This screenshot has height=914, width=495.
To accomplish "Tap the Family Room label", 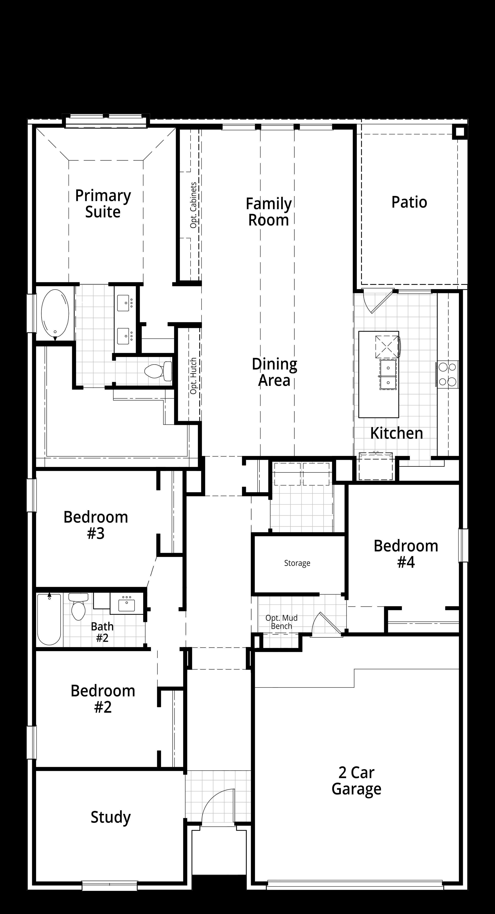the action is tap(269, 212).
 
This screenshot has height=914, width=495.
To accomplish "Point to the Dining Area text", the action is tap(274, 372).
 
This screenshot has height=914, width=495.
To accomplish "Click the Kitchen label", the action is tap(396, 433).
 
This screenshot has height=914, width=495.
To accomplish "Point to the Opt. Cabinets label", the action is tap(193, 205).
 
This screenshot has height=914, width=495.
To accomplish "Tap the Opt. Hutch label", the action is tap(193, 376).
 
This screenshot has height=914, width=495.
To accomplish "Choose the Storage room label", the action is tap(297, 563).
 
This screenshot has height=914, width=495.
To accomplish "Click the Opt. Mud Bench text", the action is tap(281, 622).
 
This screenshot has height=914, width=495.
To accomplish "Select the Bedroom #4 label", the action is tap(406, 554).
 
